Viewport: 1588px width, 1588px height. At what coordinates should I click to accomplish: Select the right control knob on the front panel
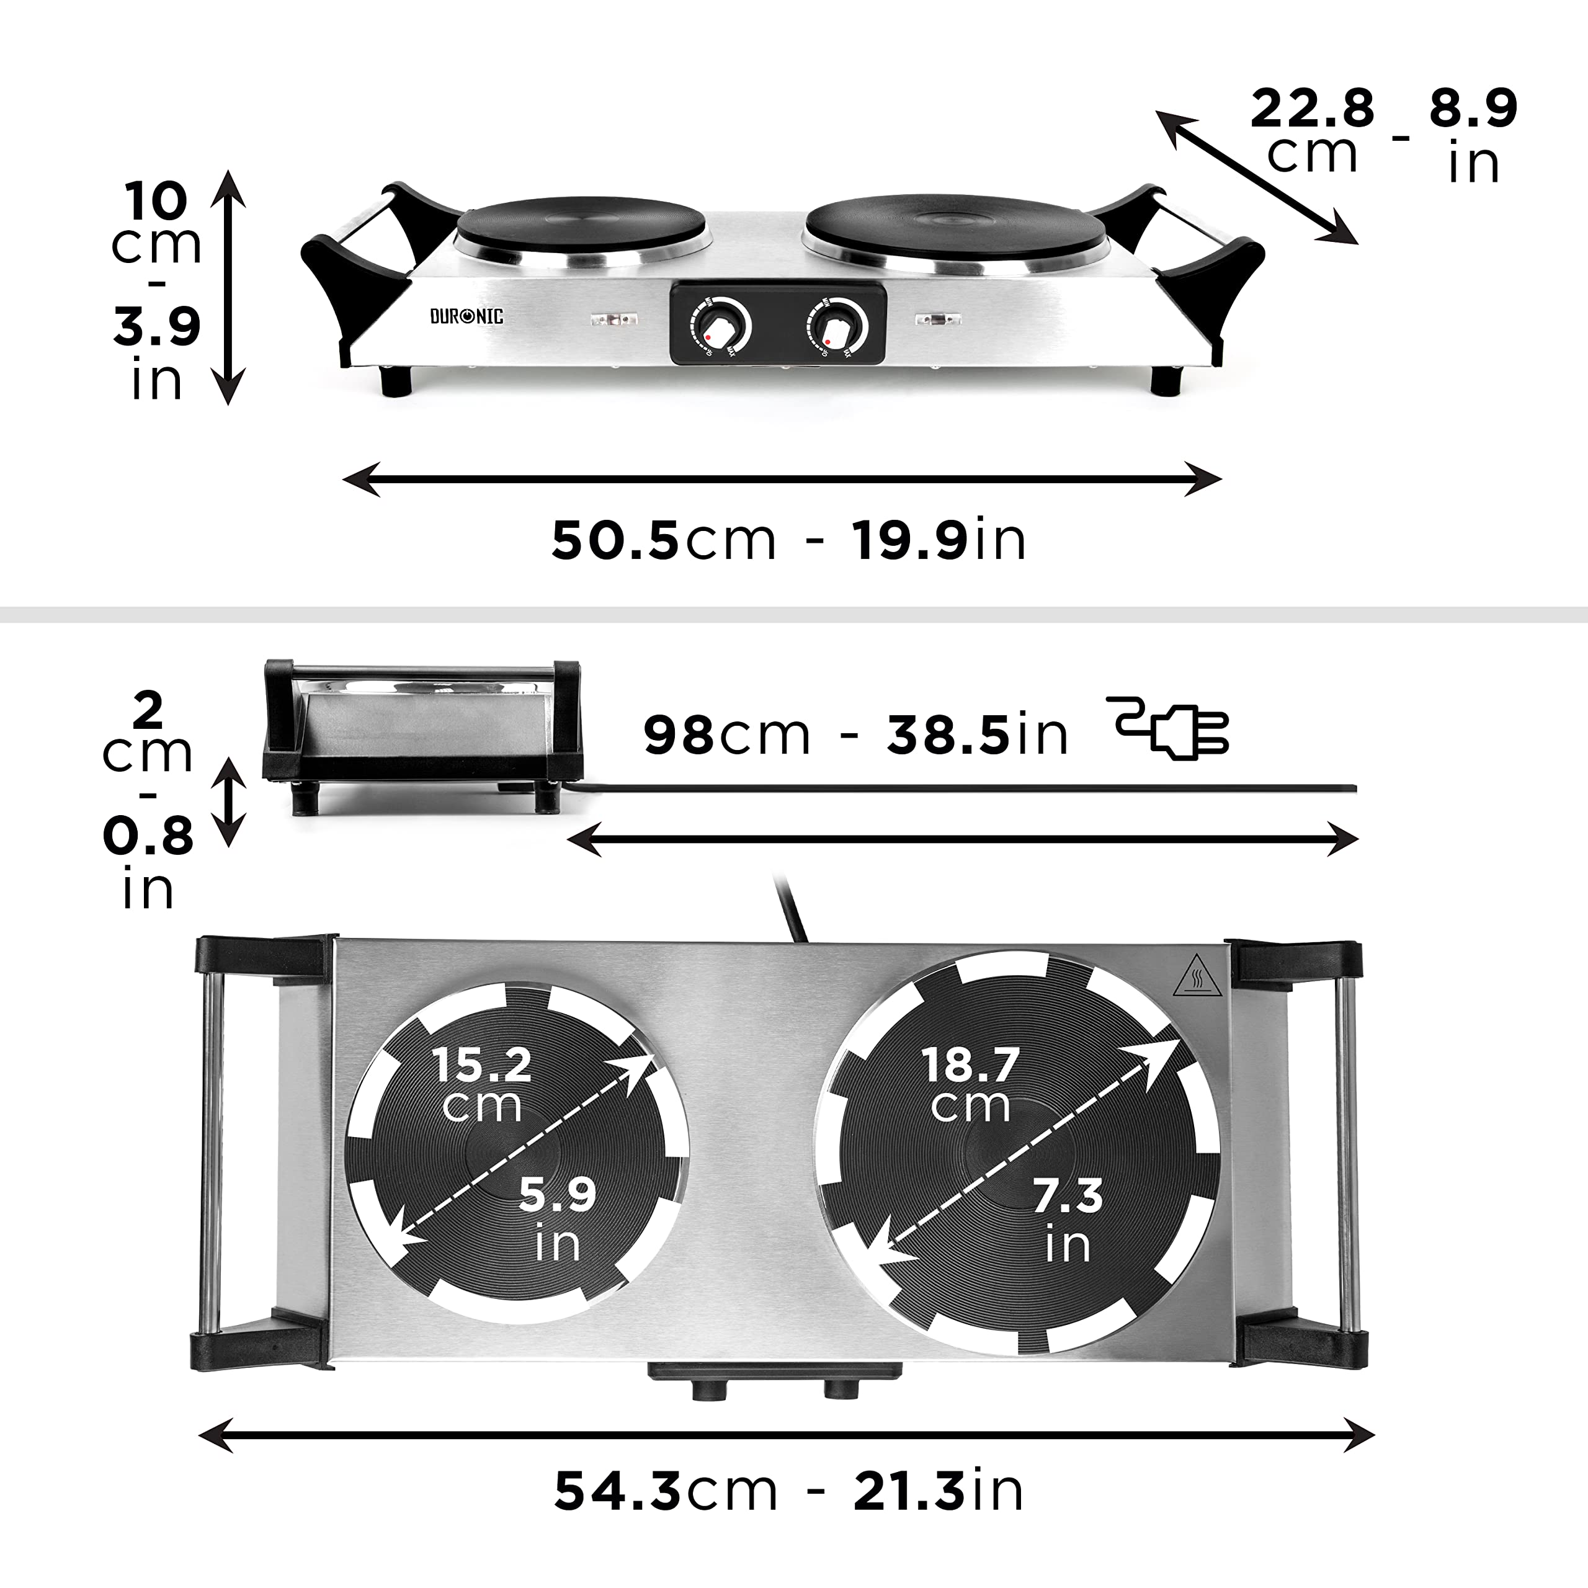[x=837, y=327]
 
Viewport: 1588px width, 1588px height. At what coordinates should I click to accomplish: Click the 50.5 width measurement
[x=615, y=540]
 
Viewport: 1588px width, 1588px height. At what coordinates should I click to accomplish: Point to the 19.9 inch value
[x=910, y=540]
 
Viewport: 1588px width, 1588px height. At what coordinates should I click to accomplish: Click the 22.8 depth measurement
[x=1312, y=109]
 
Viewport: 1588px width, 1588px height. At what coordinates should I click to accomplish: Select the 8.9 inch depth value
[x=1472, y=108]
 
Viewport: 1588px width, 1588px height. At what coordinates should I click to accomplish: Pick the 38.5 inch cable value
[x=948, y=734]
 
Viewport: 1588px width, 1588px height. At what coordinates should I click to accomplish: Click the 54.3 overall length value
[x=617, y=1491]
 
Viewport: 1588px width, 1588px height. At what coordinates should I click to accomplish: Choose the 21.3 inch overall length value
[x=908, y=1491]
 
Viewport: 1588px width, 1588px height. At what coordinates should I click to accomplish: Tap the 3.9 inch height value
[x=157, y=326]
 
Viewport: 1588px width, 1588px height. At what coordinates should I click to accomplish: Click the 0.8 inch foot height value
[x=148, y=836]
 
